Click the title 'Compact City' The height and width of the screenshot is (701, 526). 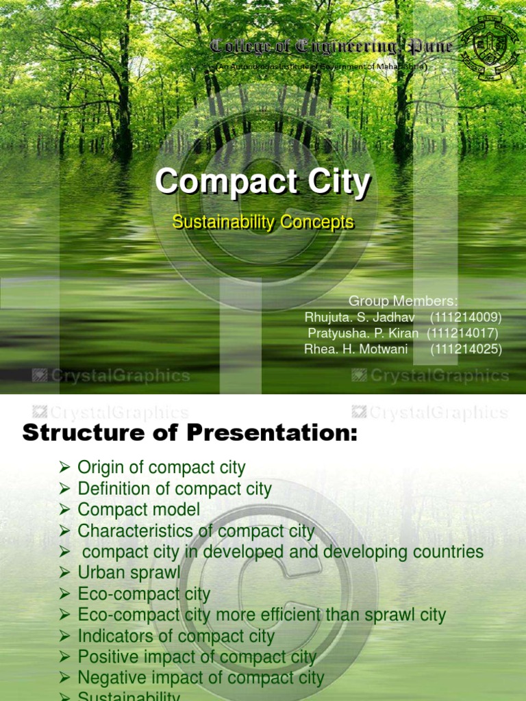pyautogui.click(x=262, y=183)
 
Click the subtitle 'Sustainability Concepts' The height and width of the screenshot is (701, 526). pyautogui.click(x=263, y=222)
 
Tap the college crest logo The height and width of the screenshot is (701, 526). pyautogui.click(x=490, y=48)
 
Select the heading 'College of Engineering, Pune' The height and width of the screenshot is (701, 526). pyautogui.click(x=331, y=47)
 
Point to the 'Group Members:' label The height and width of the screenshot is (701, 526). pyautogui.click(x=403, y=301)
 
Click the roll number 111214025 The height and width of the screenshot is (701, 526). pyautogui.click(x=466, y=349)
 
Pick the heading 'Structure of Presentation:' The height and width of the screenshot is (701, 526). pyautogui.click(x=190, y=433)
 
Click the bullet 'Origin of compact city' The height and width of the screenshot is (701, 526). pyautogui.click(x=161, y=468)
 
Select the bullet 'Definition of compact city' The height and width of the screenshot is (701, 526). pyautogui.click(x=174, y=489)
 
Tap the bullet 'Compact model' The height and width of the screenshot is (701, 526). pyautogui.click(x=139, y=510)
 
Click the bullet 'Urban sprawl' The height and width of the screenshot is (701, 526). pyautogui.click(x=129, y=572)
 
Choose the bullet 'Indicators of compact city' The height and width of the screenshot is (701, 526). pyautogui.click(x=176, y=636)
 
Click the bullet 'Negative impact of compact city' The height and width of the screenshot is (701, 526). pyautogui.click(x=201, y=678)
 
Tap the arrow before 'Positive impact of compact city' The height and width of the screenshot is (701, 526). pyautogui.click(x=65, y=657)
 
